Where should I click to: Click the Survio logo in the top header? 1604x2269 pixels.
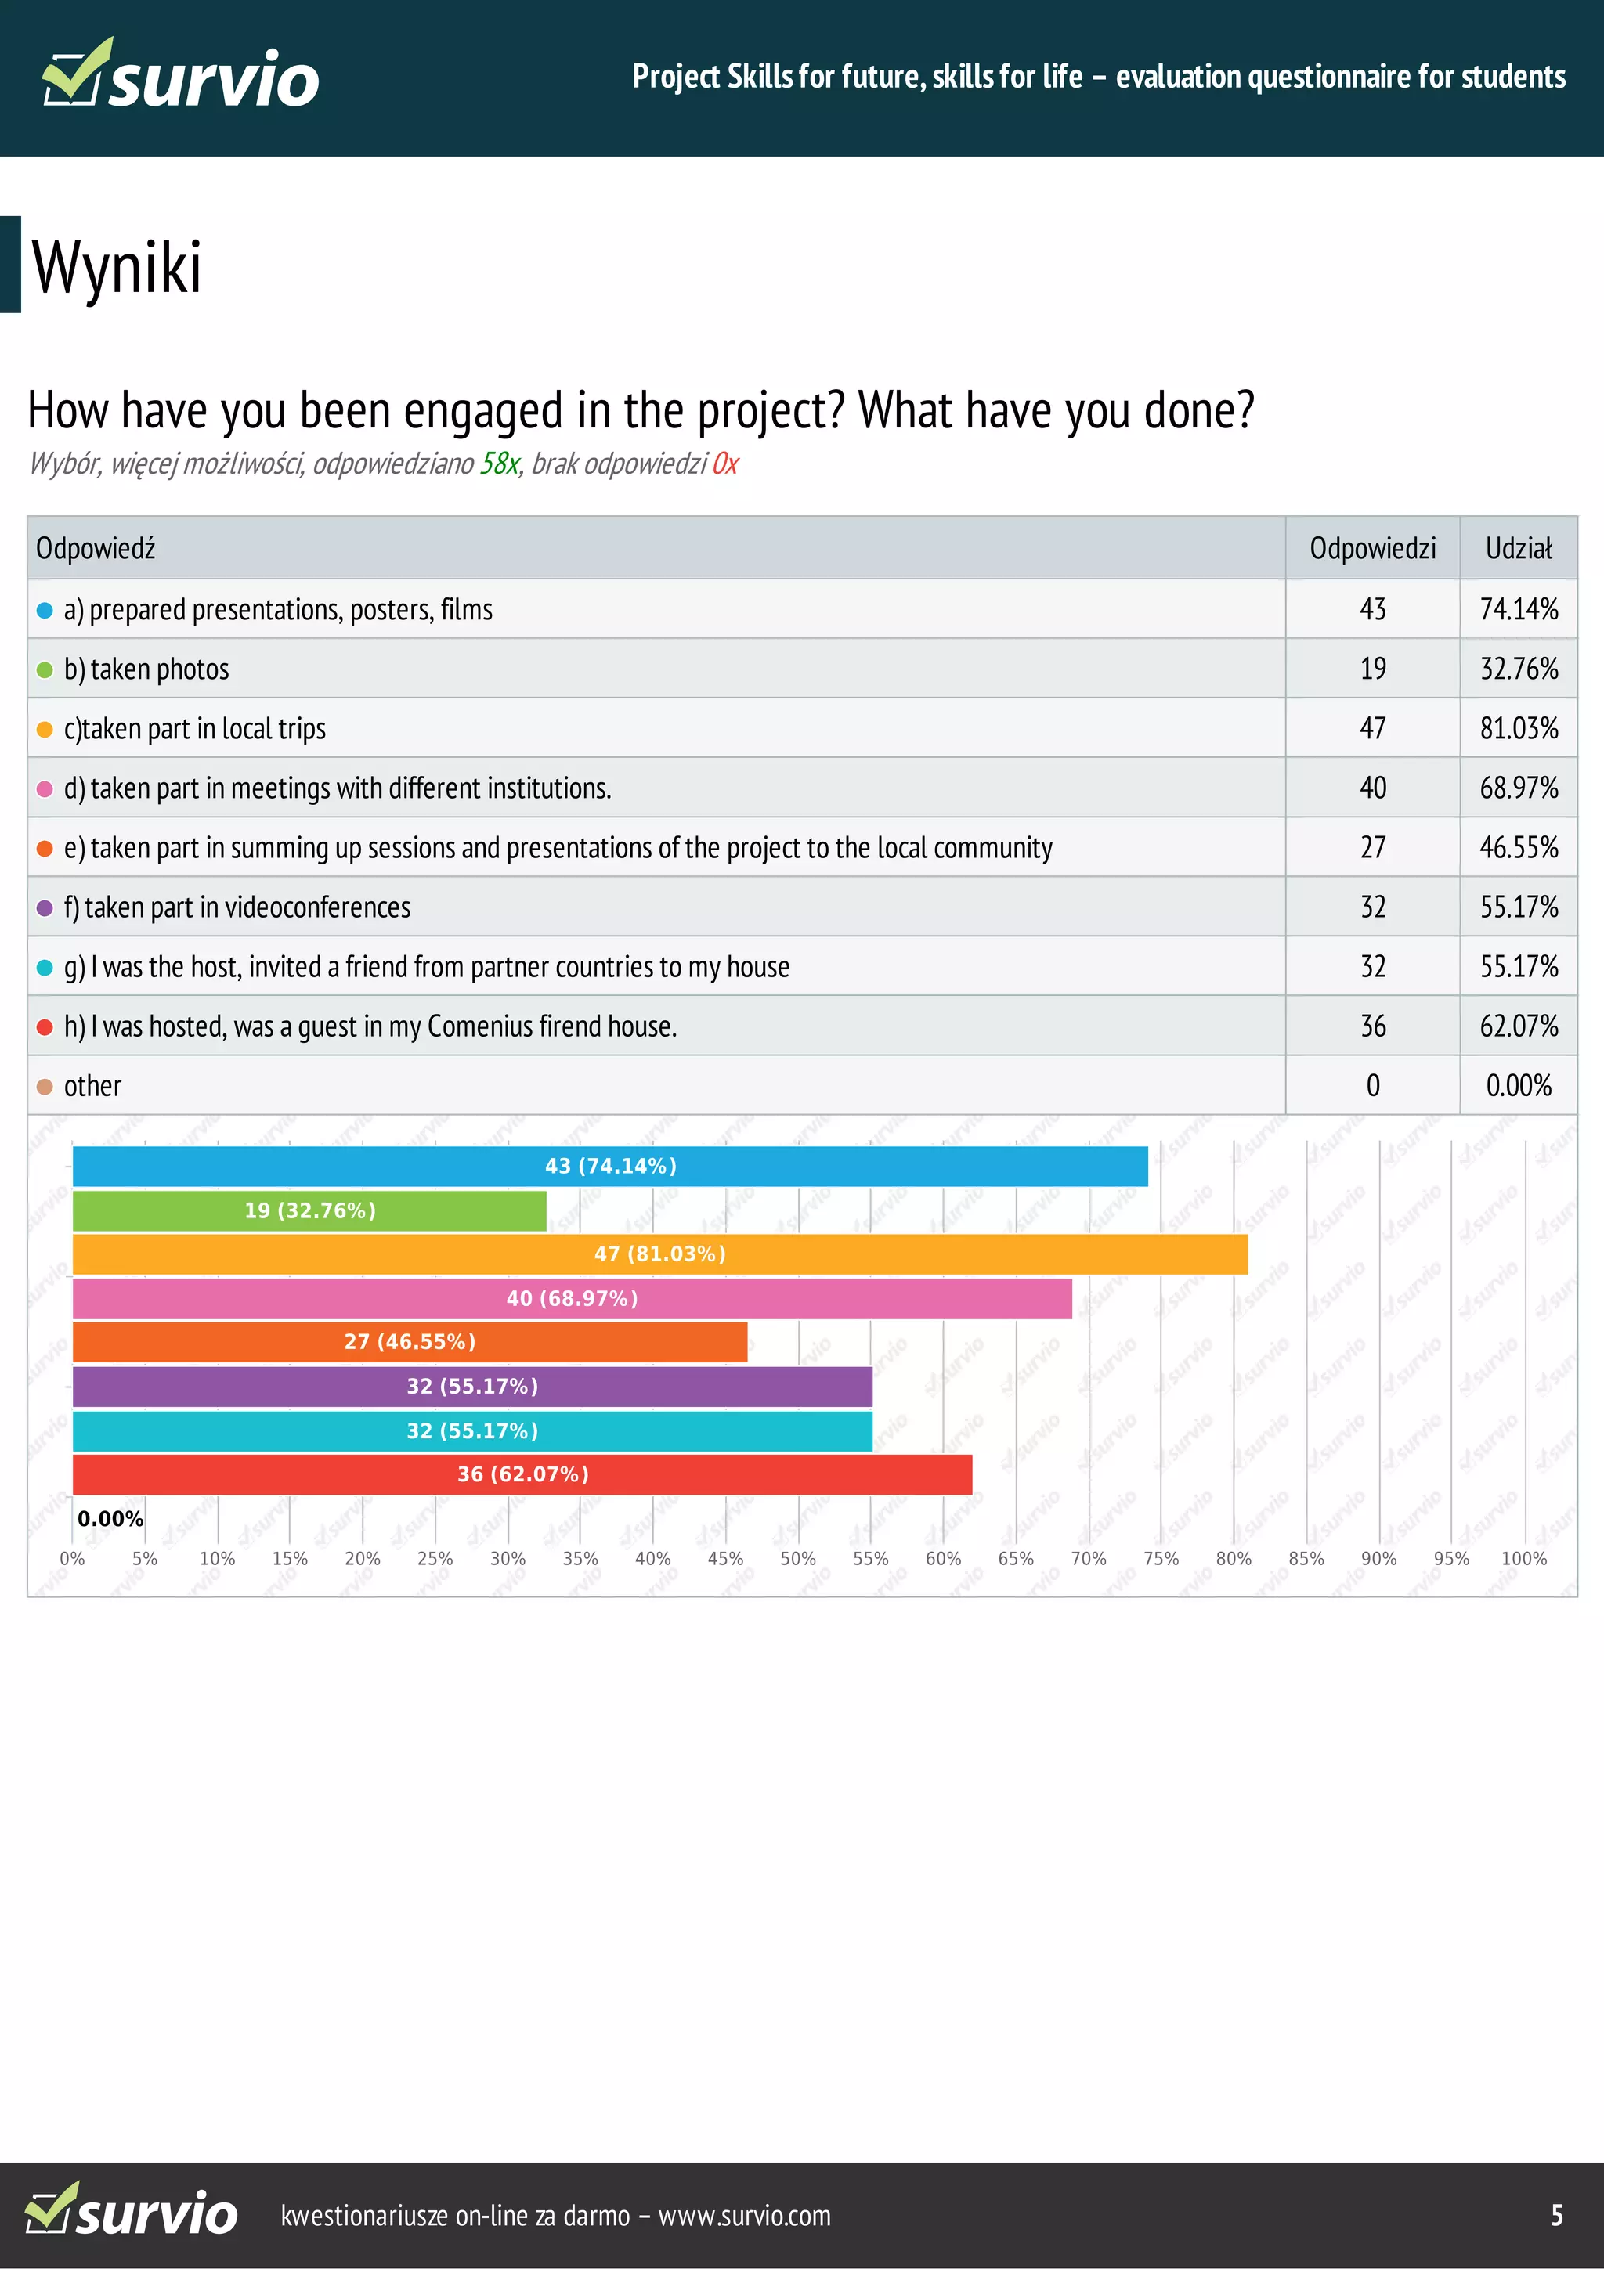pos(181,75)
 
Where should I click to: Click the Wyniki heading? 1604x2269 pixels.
pos(117,267)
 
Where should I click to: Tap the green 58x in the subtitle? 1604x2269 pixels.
pos(499,464)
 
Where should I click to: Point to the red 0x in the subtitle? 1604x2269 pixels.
pos(724,464)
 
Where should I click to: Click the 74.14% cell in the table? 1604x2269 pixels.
pos(1518,609)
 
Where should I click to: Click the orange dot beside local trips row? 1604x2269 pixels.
pos(45,730)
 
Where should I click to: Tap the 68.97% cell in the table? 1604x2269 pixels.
pos(1518,788)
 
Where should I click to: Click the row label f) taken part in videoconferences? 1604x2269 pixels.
pos(237,907)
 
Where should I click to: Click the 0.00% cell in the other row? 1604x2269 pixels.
pos(1518,1086)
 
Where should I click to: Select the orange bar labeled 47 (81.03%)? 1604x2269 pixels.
pos(659,1254)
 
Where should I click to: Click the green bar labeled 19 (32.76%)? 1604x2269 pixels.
pos(309,1210)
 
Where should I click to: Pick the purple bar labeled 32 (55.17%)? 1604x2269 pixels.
pos(471,1387)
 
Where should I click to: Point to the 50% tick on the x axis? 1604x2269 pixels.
pos(797,1558)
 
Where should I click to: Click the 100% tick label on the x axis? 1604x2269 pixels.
pos(1523,1558)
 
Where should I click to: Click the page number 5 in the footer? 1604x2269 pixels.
pos(1556,2215)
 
